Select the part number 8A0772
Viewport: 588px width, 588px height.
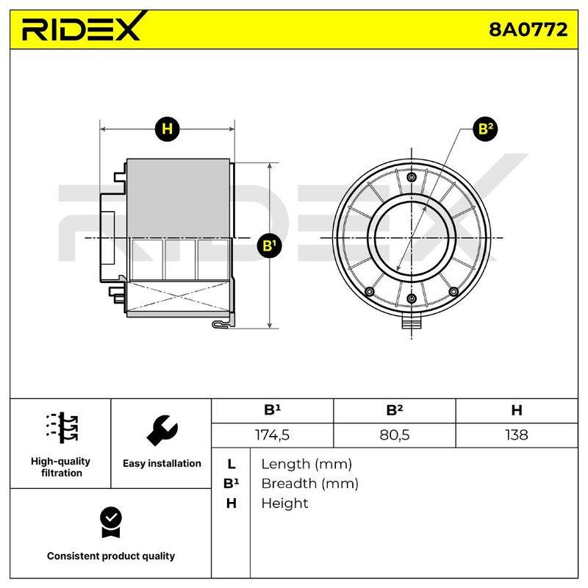point(528,29)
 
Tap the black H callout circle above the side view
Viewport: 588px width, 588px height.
point(167,129)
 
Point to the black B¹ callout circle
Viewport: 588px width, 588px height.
point(269,245)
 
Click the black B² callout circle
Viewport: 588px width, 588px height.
point(485,129)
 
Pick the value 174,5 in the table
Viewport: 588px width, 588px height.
point(272,435)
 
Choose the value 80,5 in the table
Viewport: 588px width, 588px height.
point(395,435)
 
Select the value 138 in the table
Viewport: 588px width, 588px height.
point(517,435)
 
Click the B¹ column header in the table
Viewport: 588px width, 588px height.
point(272,410)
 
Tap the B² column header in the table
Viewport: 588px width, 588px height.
point(395,410)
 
